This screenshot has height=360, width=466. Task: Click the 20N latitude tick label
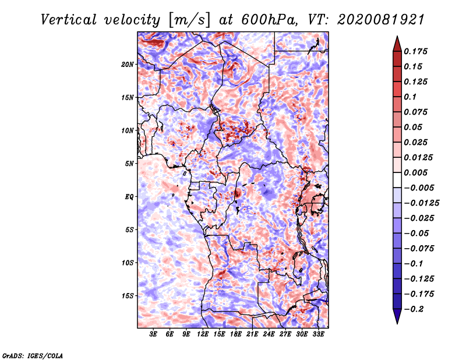coord(128,65)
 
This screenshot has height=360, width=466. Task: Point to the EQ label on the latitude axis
coord(129,197)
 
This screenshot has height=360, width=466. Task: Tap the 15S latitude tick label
coord(128,296)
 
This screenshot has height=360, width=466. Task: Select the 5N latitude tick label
coord(129,164)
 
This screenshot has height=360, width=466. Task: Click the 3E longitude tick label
coord(153,334)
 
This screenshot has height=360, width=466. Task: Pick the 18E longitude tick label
coord(236,334)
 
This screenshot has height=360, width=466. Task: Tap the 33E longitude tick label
coord(318,334)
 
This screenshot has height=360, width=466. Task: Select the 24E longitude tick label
coord(269,334)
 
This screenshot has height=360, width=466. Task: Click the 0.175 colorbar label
coord(416,51)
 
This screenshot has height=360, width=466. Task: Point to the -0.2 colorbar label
coord(414,309)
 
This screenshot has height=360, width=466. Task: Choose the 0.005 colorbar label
coord(416,172)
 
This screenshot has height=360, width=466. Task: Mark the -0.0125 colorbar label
coord(421,203)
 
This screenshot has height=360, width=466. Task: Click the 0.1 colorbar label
coord(410,97)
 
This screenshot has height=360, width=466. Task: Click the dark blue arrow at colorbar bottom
coord(397,316)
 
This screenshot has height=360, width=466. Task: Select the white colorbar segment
coord(397,180)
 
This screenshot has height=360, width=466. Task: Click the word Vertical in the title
coord(69,20)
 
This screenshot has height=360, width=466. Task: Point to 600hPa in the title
coord(269,20)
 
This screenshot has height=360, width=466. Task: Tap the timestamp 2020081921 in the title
coord(381,20)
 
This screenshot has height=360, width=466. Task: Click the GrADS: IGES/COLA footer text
coord(33,356)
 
